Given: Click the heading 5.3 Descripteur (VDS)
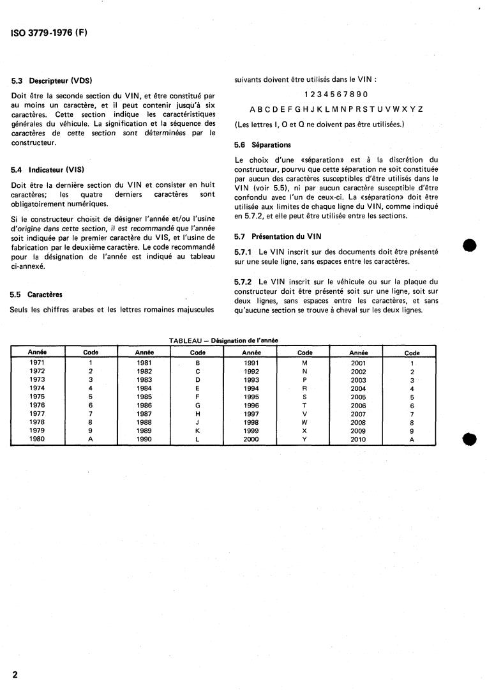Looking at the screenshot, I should (x=52, y=80).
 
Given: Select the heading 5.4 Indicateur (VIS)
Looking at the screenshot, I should (x=49, y=170).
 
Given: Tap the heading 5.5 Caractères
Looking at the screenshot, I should (x=36, y=295).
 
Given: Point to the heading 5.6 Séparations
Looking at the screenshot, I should (x=263, y=145).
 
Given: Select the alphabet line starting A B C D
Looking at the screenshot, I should (x=336, y=109).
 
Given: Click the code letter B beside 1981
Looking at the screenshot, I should (x=198, y=363).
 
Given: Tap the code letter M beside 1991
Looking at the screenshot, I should (x=305, y=363).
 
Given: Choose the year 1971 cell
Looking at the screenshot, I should (x=37, y=363).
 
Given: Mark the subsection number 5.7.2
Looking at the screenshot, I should (x=245, y=282).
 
